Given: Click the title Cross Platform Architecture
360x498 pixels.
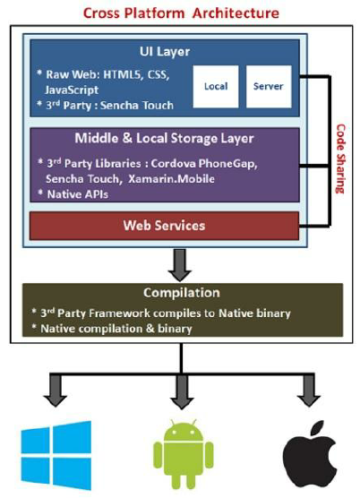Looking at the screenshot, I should click(x=180, y=13).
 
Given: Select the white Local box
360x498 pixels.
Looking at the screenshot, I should click(x=215, y=87).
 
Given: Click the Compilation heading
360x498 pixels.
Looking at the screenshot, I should click(x=182, y=293).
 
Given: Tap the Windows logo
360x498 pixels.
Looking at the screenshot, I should click(x=56, y=453).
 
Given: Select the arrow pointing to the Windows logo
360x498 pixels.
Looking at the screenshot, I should click(x=56, y=390).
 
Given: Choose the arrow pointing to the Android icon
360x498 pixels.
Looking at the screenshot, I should click(x=182, y=390).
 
